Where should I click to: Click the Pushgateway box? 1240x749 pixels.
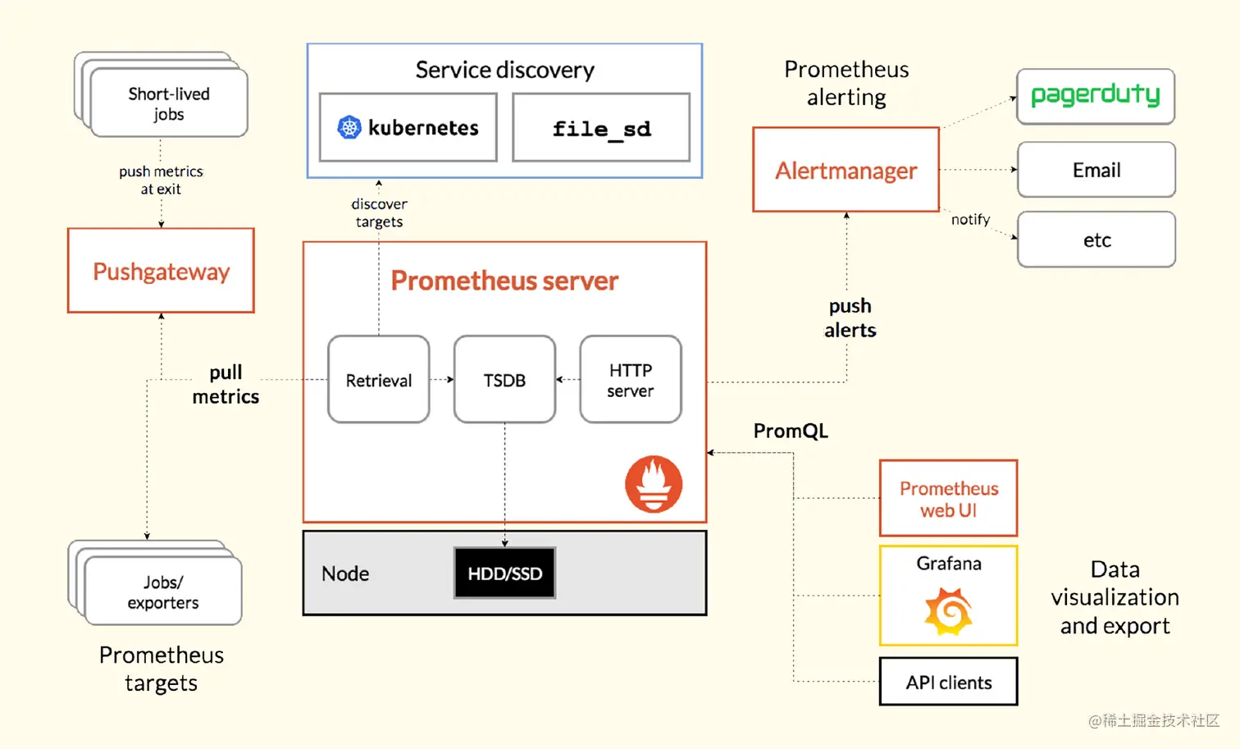tap(161, 271)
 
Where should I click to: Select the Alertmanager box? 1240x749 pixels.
tap(846, 170)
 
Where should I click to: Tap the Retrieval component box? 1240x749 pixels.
tap(378, 380)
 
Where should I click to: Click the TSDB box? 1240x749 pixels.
tap(504, 380)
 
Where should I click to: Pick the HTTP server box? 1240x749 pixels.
tap(630, 380)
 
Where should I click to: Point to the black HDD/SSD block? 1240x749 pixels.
tap(504, 573)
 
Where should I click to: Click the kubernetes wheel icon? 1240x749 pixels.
tap(349, 127)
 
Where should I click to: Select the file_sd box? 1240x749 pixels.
tap(601, 128)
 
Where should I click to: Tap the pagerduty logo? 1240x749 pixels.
tap(1095, 96)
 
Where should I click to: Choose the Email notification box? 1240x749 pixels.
tap(1096, 170)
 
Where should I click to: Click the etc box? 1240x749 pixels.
tap(1096, 240)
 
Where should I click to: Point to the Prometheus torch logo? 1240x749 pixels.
tap(654, 484)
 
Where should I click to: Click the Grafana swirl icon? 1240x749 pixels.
tap(949, 611)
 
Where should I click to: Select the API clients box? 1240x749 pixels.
tap(948, 682)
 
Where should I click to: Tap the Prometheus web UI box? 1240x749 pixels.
tap(948, 499)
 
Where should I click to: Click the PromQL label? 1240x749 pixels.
tap(791, 431)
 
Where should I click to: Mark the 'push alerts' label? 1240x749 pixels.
tap(850, 317)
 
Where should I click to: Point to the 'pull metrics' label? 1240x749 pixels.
tap(226, 384)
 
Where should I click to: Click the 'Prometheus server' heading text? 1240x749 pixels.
tap(504, 281)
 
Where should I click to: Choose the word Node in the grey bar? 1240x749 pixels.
tap(345, 573)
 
